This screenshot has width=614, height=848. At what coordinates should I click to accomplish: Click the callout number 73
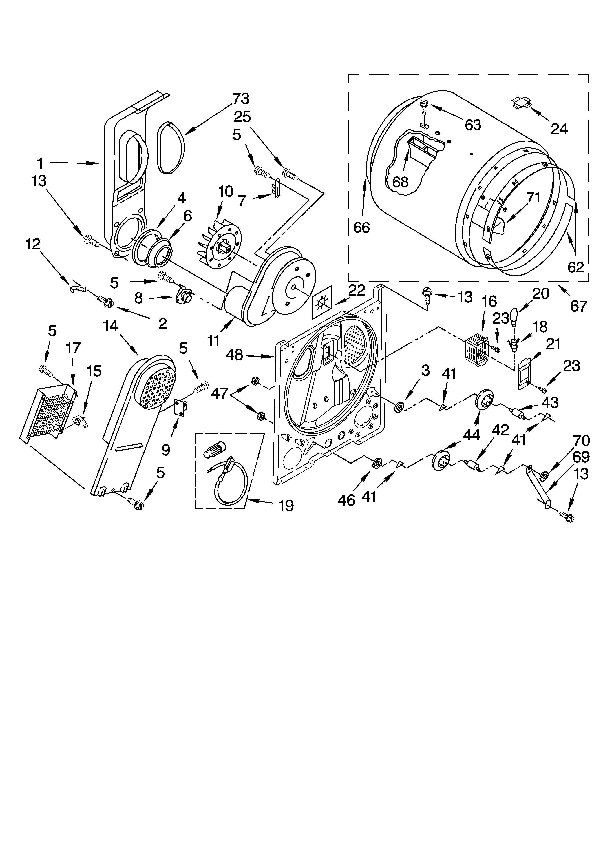(241, 99)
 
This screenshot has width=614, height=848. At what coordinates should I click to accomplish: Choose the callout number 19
(286, 506)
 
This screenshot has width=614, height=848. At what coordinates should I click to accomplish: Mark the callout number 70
(581, 441)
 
